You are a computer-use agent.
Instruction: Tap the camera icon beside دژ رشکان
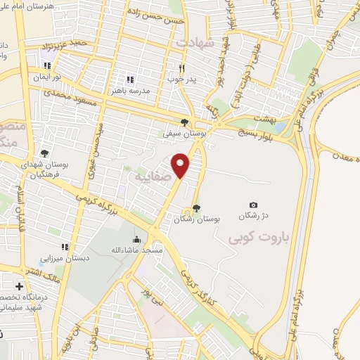[253, 205]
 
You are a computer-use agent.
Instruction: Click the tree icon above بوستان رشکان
[196, 207]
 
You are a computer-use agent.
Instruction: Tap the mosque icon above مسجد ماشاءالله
[136, 239]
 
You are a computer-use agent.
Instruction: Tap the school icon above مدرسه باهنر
[129, 79]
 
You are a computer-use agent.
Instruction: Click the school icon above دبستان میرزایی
[64, 247]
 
